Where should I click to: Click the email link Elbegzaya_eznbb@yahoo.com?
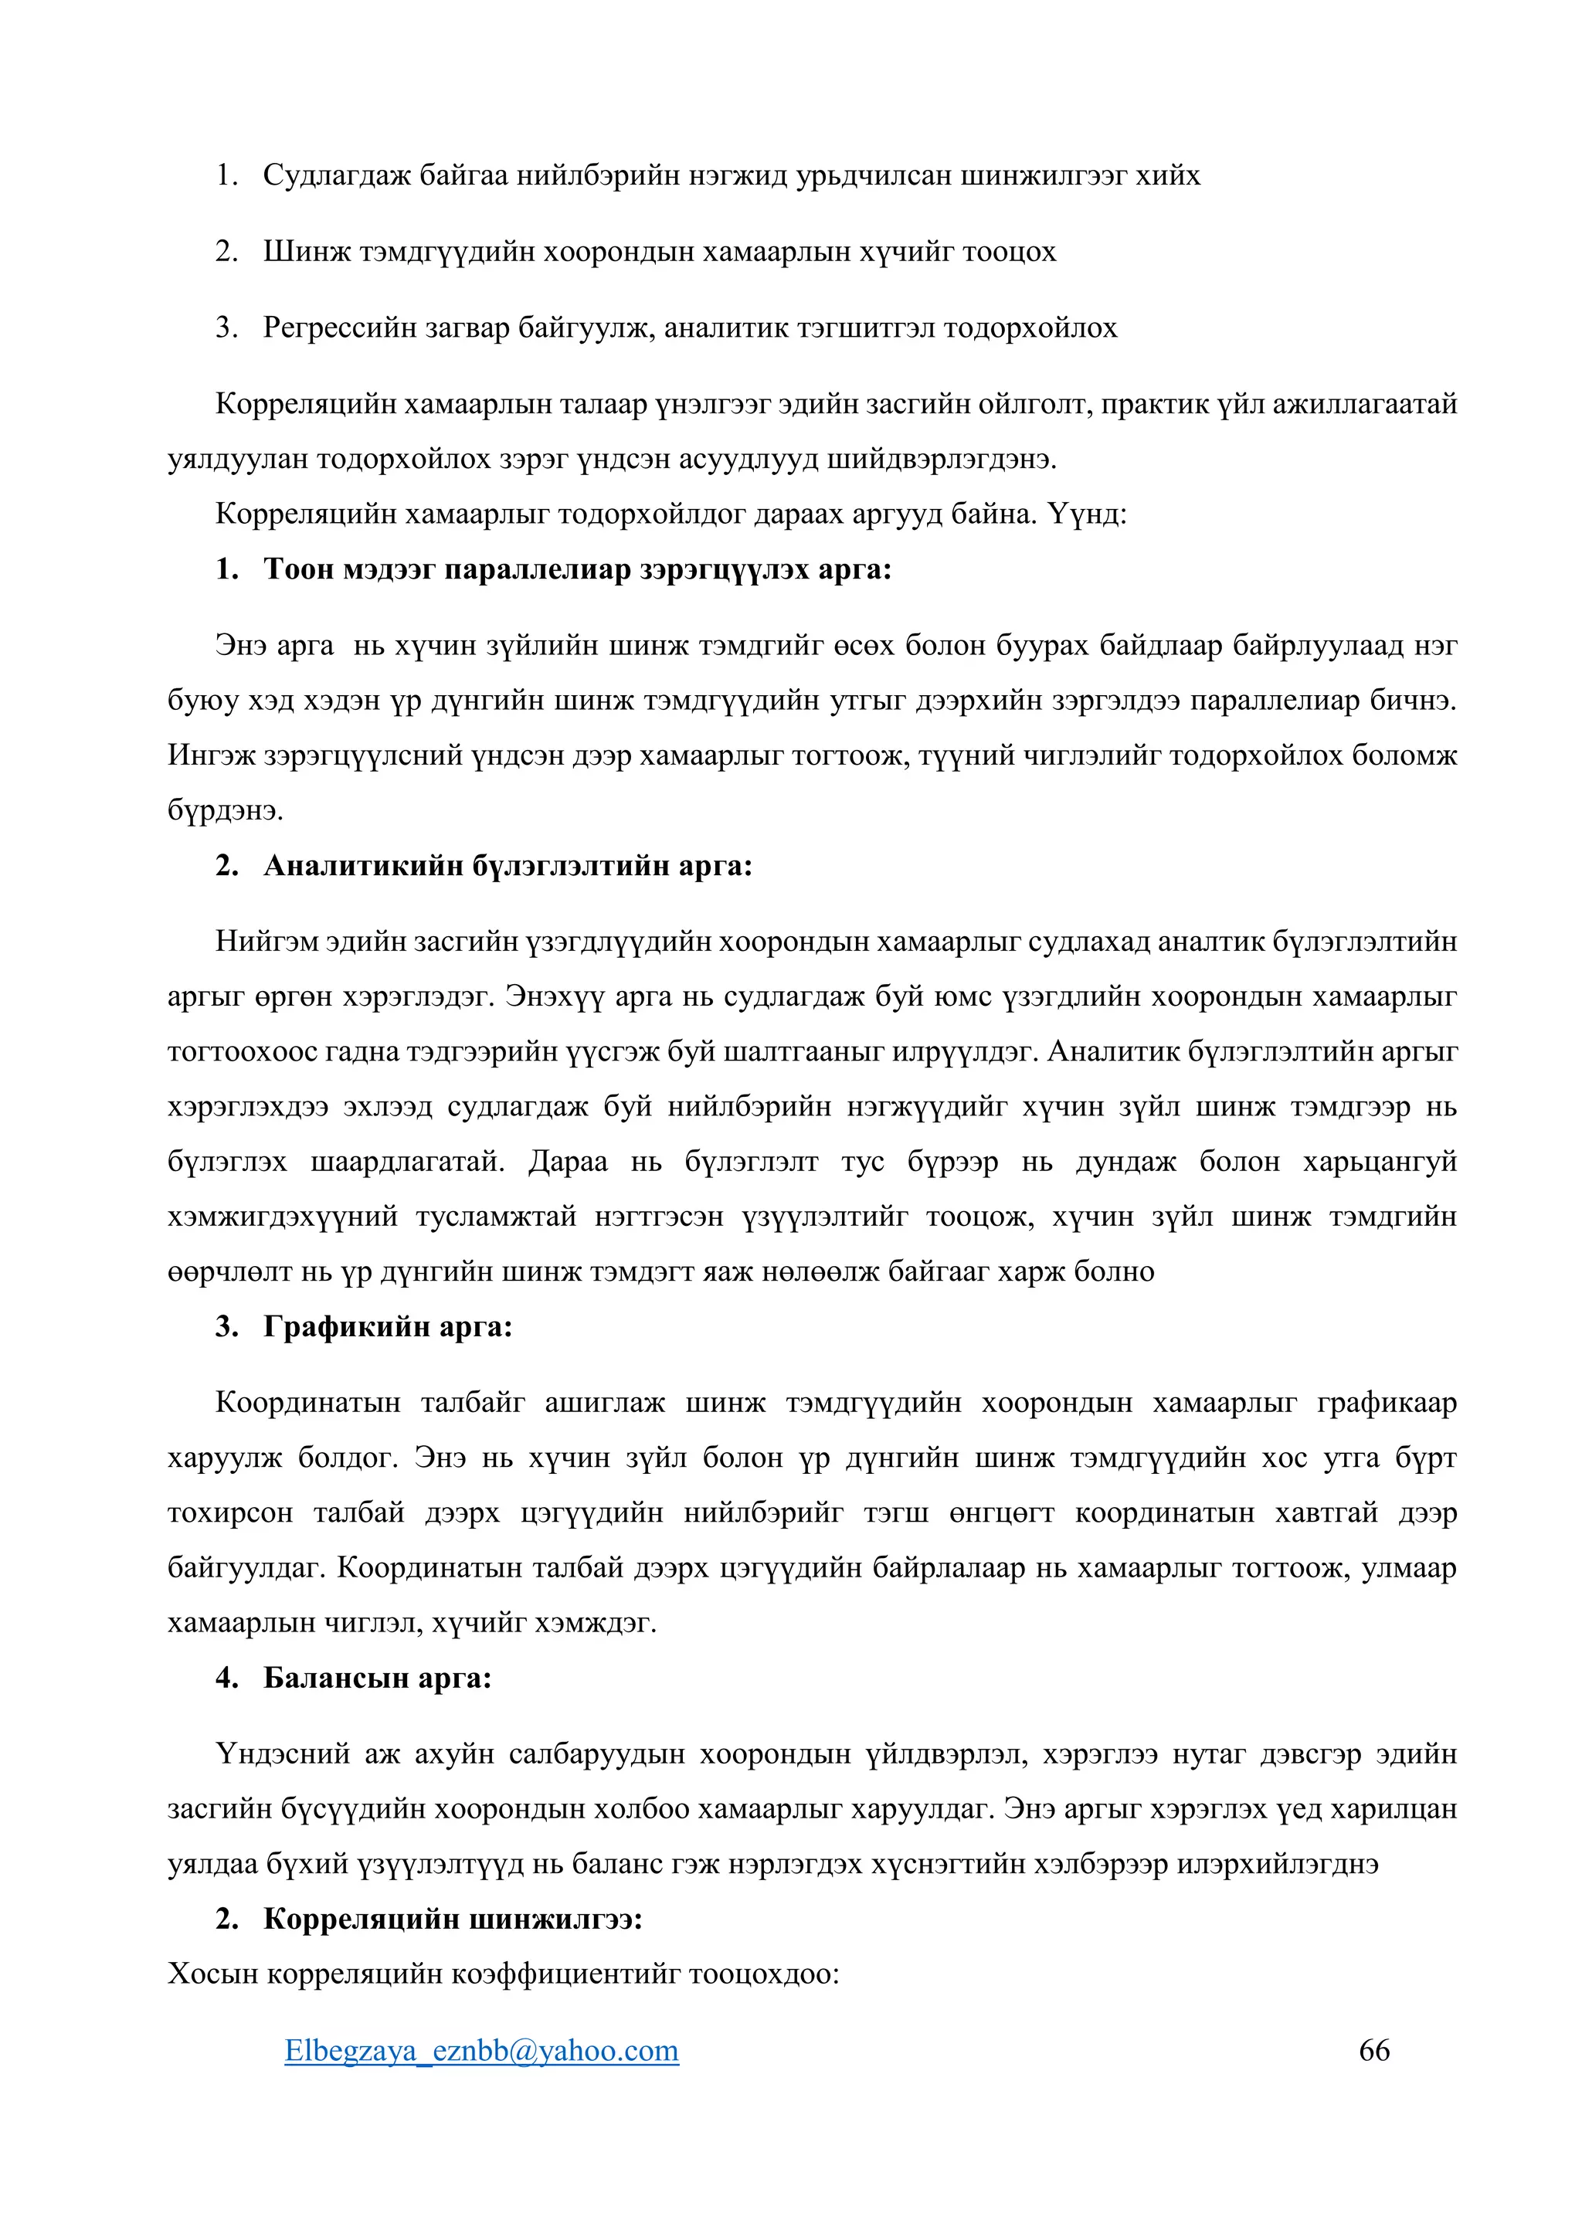click(481, 2051)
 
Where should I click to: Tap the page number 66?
click(1373, 2051)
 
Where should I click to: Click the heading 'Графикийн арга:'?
click(388, 1326)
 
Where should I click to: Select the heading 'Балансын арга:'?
click(377, 1678)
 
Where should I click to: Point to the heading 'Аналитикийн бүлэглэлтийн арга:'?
click(508, 865)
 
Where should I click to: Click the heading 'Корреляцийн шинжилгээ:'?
click(453, 1919)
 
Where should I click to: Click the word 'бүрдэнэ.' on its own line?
click(225, 810)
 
